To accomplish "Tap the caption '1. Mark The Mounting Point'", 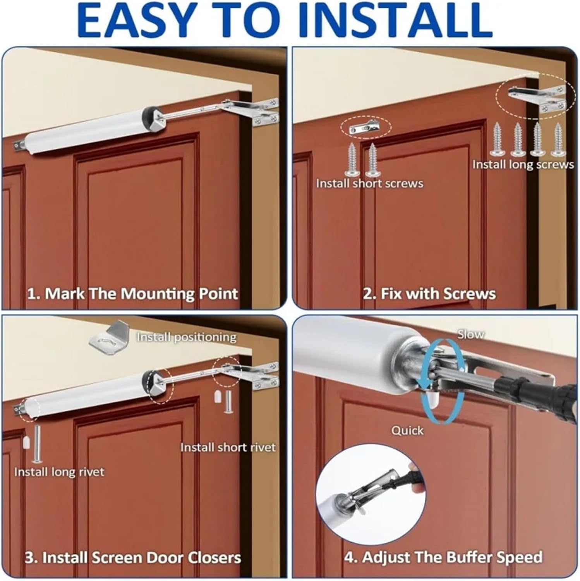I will (132, 294).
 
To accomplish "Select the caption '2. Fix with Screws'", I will (429, 294).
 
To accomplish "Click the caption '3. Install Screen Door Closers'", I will (133, 558).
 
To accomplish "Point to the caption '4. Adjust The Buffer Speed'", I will (443, 558).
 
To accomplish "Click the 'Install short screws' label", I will (369, 183).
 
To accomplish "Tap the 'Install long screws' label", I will (523, 165).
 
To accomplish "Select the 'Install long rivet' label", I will (59, 472).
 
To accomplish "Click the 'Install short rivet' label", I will (228, 447).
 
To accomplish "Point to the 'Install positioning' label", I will (186, 337).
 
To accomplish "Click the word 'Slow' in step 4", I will (470, 334).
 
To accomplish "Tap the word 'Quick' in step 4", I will (407, 430).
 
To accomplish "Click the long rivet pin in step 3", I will (37, 443).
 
